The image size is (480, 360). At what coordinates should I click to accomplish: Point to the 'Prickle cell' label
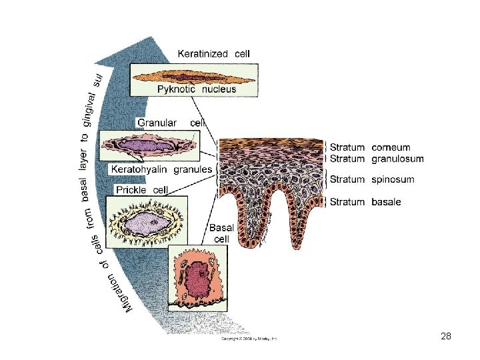[141, 190]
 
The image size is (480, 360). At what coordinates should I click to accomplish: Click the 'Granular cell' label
[169, 123]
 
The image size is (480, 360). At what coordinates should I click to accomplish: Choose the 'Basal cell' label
[220, 233]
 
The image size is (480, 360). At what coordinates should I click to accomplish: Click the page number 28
[446, 337]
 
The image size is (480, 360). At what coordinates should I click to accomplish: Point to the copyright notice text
[249, 339]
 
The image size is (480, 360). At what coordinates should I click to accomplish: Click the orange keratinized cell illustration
[193, 75]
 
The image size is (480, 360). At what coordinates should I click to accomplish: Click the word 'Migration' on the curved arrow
[131, 293]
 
